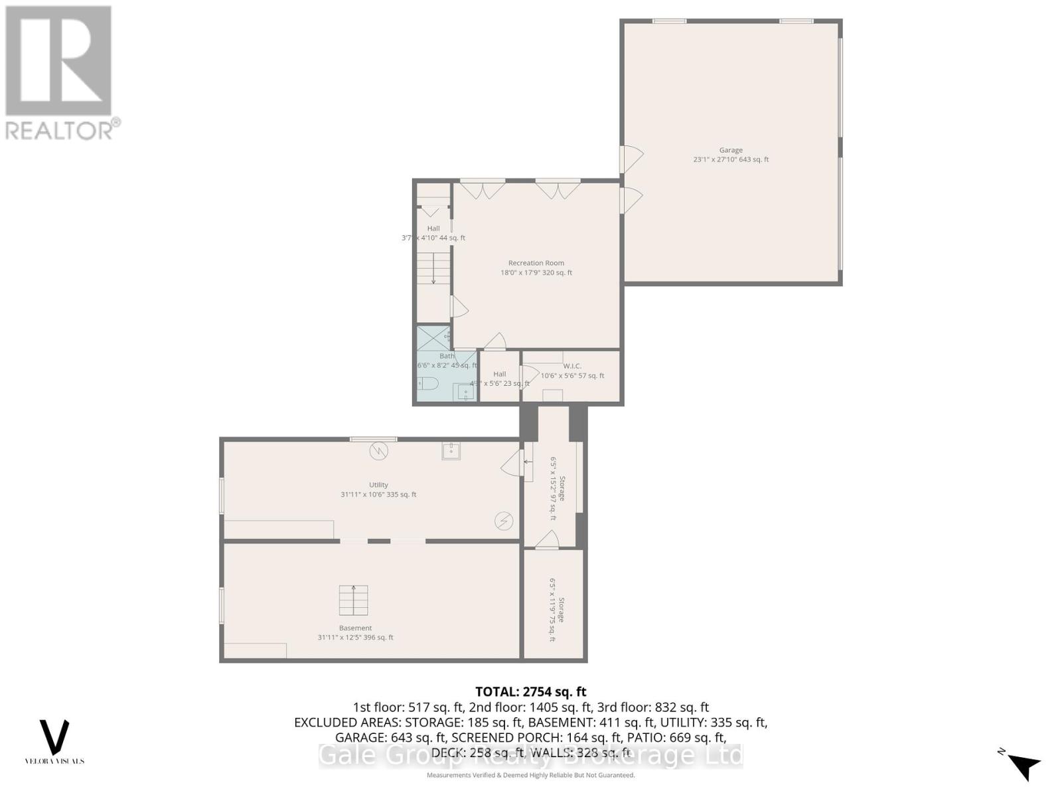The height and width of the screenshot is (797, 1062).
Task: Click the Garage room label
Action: click(x=731, y=150)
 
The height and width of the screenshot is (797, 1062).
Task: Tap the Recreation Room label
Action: click(x=536, y=263)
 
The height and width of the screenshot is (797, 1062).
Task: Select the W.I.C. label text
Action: click(x=572, y=366)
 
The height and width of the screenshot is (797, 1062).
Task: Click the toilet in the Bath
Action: click(x=428, y=383)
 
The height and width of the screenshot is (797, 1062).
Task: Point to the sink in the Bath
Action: click(x=465, y=393)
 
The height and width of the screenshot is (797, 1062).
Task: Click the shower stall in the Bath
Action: click(x=432, y=339)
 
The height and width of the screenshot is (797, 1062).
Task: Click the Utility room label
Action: click(x=378, y=485)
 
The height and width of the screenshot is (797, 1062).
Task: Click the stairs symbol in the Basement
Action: click(x=353, y=600)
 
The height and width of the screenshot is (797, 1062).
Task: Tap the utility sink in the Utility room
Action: click(x=451, y=452)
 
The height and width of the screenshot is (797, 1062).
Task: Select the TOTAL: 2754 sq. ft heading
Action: click(x=531, y=692)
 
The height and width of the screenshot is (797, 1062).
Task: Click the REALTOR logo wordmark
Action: click(x=63, y=130)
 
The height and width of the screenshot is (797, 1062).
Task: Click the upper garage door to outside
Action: click(x=631, y=159)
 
